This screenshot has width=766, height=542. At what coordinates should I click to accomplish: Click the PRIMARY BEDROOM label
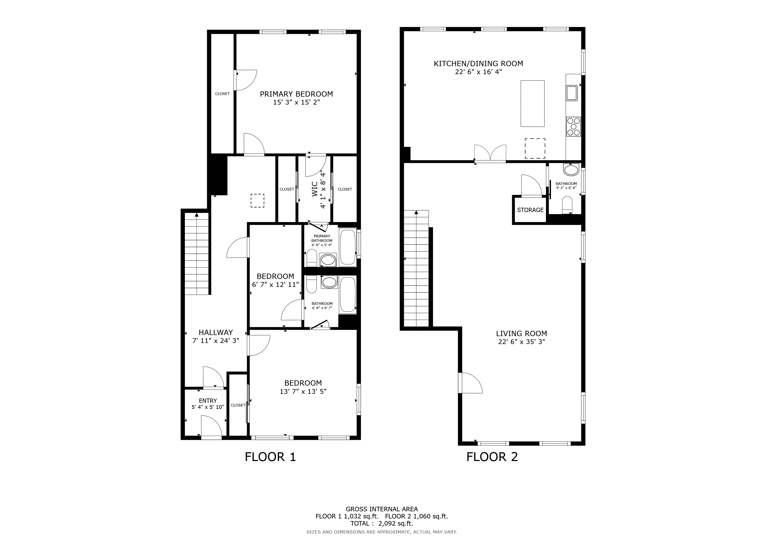coord(296,94)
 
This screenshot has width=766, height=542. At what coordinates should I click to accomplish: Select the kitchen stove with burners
coord(573,127)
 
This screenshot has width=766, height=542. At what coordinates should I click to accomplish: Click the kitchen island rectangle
coord(532,103)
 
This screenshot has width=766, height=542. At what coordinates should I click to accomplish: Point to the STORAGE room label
coord(530,210)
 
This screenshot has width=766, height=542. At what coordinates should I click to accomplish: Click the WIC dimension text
coord(323,189)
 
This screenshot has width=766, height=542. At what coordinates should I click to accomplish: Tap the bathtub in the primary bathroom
coord(348,247)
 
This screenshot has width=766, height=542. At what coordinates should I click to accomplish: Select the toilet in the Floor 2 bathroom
coord(567,204)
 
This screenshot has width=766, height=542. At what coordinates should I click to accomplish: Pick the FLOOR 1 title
coord(270,457)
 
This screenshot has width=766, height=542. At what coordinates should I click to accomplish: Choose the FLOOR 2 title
coord(492,457)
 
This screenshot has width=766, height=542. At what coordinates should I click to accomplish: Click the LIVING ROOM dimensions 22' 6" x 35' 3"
coord(521,342)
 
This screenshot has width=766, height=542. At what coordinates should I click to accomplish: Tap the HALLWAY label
coord(216,332)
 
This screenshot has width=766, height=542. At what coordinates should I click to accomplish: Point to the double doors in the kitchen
coord(490,154)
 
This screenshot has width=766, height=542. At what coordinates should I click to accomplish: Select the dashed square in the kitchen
coord(535,148)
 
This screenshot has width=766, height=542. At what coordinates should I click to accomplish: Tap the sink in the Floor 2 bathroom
coord(571,170)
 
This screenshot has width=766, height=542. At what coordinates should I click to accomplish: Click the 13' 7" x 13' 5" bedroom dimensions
coord(303,391)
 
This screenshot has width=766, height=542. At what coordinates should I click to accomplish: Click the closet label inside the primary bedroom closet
coord(222,94)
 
